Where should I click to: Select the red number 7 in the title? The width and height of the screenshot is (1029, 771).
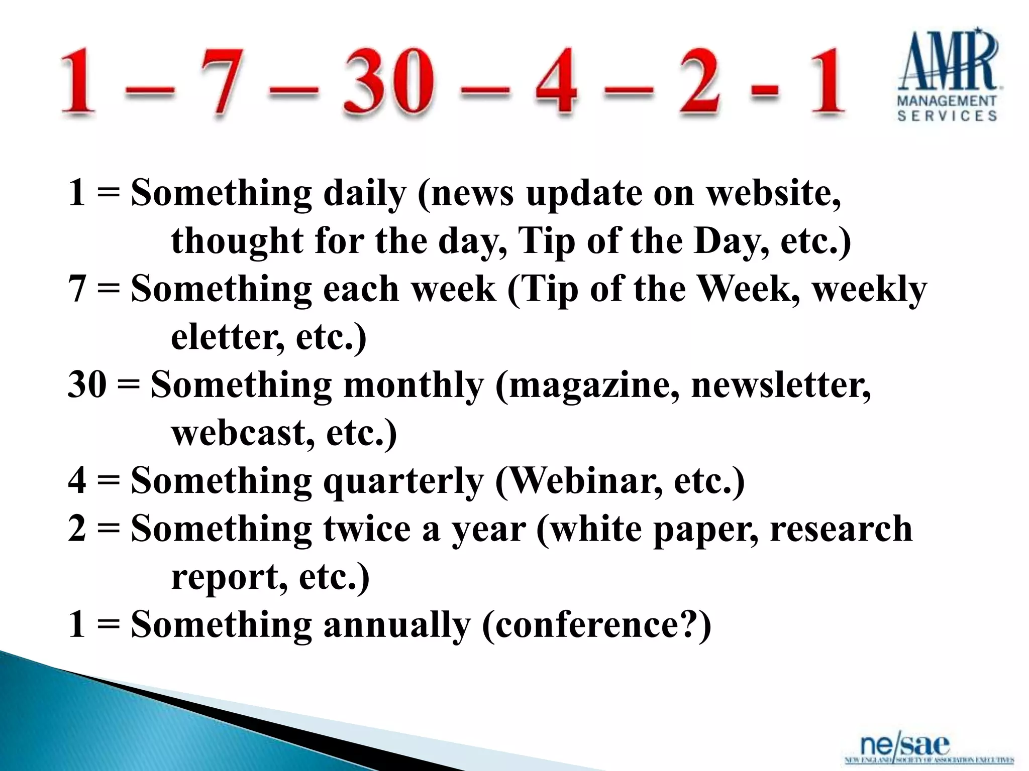223,80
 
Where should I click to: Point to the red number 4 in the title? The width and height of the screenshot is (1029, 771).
556,80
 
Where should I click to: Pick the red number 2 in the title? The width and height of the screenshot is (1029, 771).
700,80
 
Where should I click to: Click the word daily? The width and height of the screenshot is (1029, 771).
364,194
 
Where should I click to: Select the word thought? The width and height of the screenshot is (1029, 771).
237,241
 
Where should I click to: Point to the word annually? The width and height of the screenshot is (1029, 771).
397,625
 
